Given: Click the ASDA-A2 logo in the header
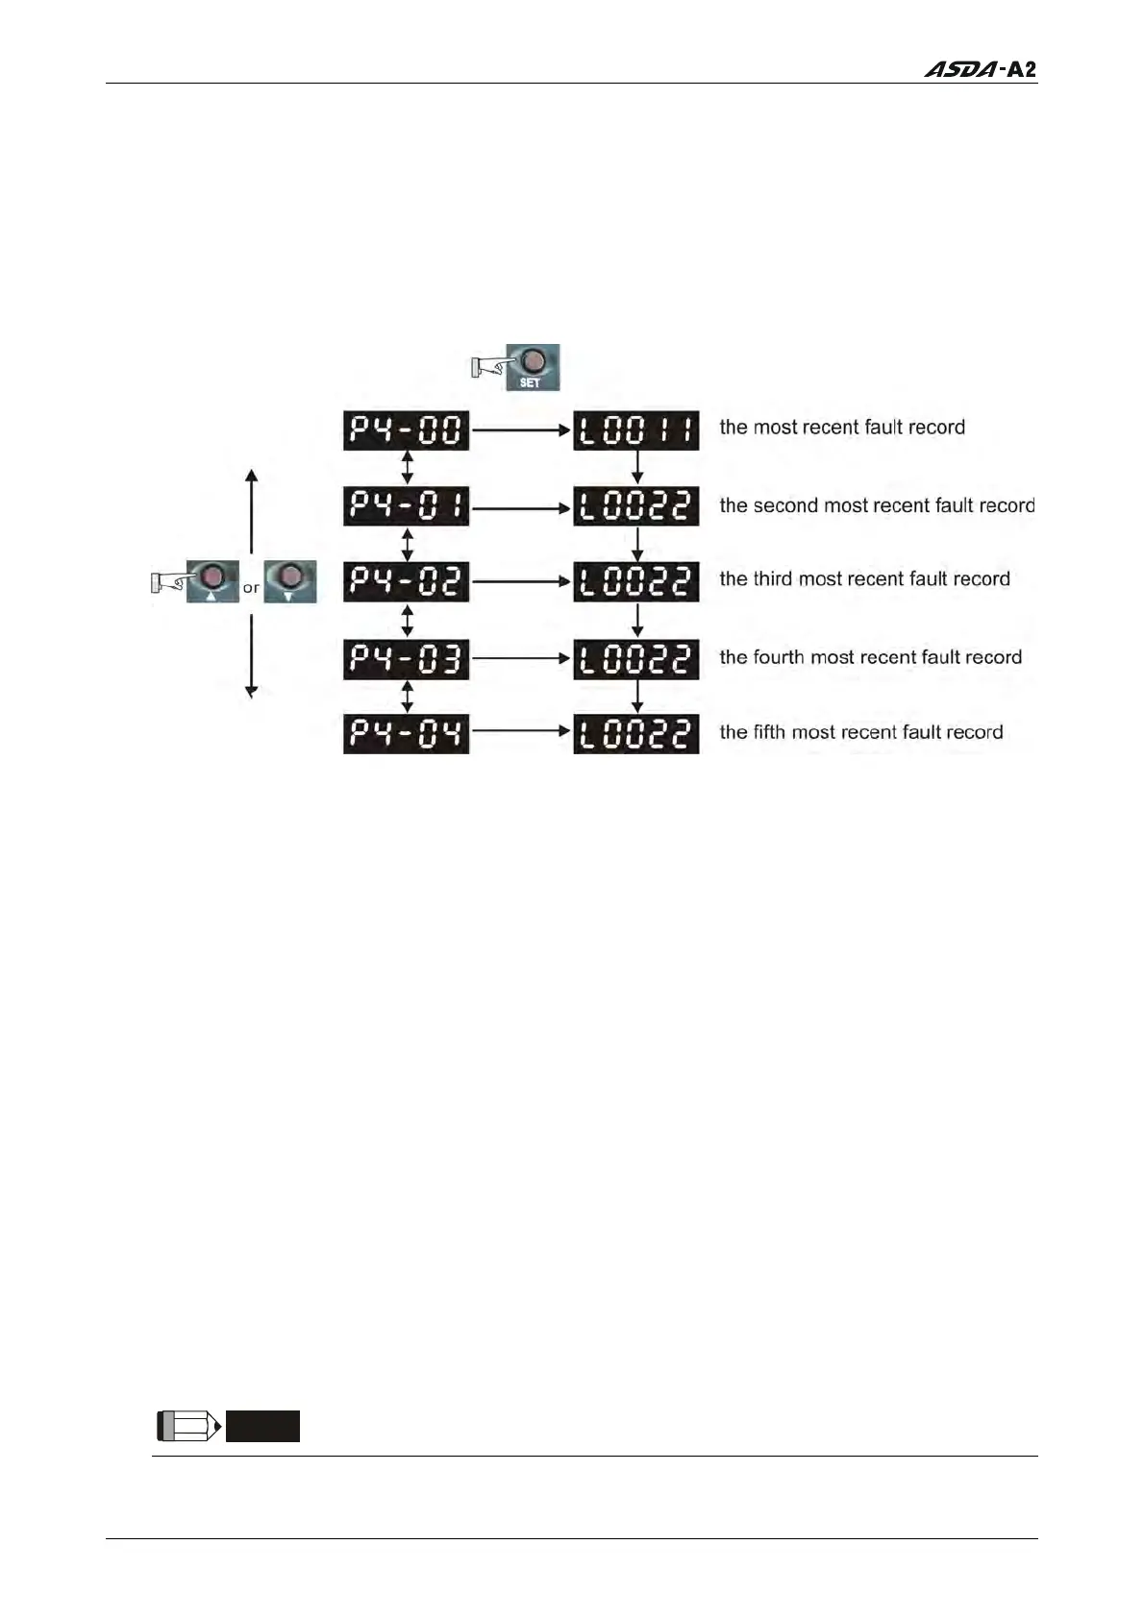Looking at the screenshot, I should click(x=980, y=69).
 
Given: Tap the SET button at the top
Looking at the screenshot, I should click(x=533, y=367).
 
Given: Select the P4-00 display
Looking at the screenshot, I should click(x=406, y=430).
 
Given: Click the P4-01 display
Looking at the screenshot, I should click(x=406, y=506).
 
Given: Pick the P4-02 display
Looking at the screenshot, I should click(x=406, y=581).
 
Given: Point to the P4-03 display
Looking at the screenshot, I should click(x=406, y=659).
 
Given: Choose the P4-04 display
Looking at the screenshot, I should click(x=406, y=734).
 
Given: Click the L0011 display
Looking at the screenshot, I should click(x=635, y=430).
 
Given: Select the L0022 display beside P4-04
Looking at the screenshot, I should click(x=635, y=734).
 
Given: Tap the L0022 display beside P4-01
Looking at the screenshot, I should click(x=635, y=506).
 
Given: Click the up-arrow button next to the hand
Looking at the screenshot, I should click(x=211, y=581).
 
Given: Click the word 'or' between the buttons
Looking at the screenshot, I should click(x=251, y=588).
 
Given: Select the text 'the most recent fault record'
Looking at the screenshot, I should click(x=841, y=428).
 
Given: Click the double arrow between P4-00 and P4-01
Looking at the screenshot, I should click(x=407, y=468).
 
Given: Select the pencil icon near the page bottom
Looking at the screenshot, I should click(x=188, y=1426).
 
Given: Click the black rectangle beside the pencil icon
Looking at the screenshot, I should click(x=262, y=1426).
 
